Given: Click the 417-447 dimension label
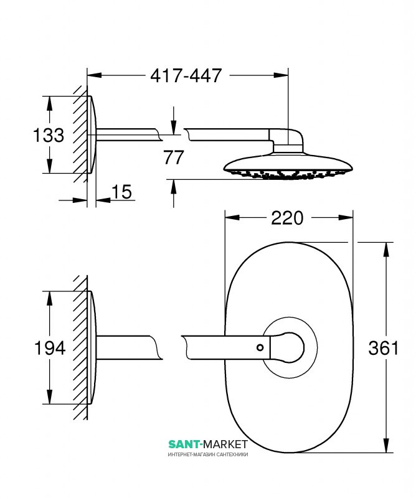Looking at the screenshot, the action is pos(186,75).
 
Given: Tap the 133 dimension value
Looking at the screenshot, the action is pos(49,135).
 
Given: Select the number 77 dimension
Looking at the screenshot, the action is pos(174,157).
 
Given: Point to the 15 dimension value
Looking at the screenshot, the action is pos(121,192).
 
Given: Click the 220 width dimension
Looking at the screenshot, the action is pos(287,218).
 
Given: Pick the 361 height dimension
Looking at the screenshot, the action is pos(383,348).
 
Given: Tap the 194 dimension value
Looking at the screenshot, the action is pos(50,348).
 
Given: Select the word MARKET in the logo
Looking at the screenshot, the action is pos(225,444).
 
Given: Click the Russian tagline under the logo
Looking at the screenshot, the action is pos(208,454).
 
